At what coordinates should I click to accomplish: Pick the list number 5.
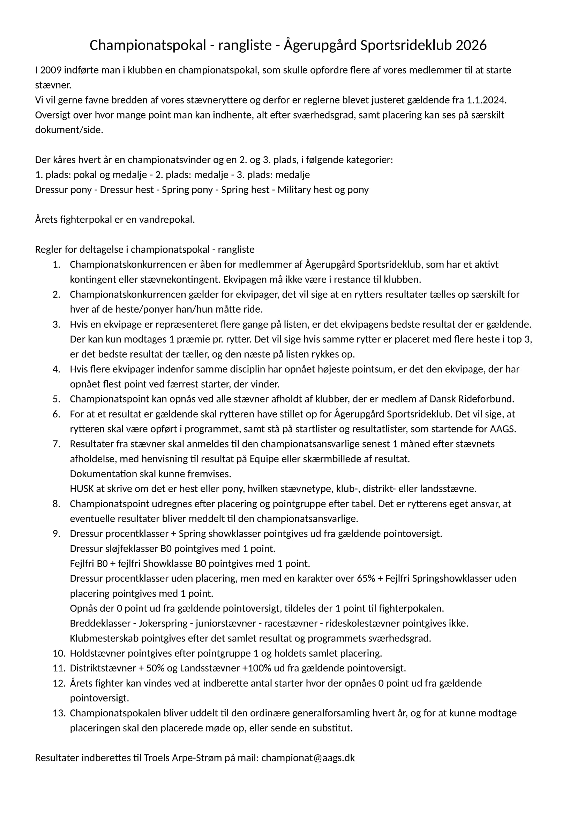coord(57,399)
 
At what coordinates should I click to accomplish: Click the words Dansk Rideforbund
coord(472,399)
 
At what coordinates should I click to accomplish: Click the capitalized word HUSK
coord(82,489)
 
